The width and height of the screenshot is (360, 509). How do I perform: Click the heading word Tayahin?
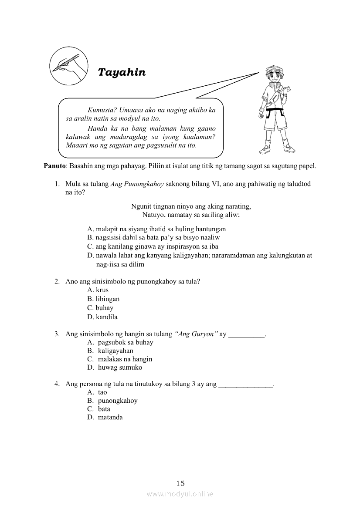pos(122,72)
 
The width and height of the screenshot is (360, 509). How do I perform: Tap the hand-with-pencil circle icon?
pos(69,67)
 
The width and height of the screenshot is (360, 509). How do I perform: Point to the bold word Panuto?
pos(54,166)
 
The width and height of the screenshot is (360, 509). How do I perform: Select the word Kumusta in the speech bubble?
pos(99,110)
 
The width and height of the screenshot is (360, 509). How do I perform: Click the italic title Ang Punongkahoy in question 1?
pos(137,184)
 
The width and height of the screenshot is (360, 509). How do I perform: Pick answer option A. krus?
pos(98,290)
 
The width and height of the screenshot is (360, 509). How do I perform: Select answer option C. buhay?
pos(100,308)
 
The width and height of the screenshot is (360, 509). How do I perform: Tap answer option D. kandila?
pos(102,317)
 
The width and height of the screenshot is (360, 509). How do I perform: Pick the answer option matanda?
pos(110,417)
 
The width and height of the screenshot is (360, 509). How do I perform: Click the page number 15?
pos(180,483)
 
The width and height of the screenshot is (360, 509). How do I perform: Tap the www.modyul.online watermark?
pos(180,494)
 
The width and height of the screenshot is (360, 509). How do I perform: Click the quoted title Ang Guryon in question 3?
pos(196,334)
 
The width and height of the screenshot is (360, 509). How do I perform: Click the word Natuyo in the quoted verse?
pos(152,215)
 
